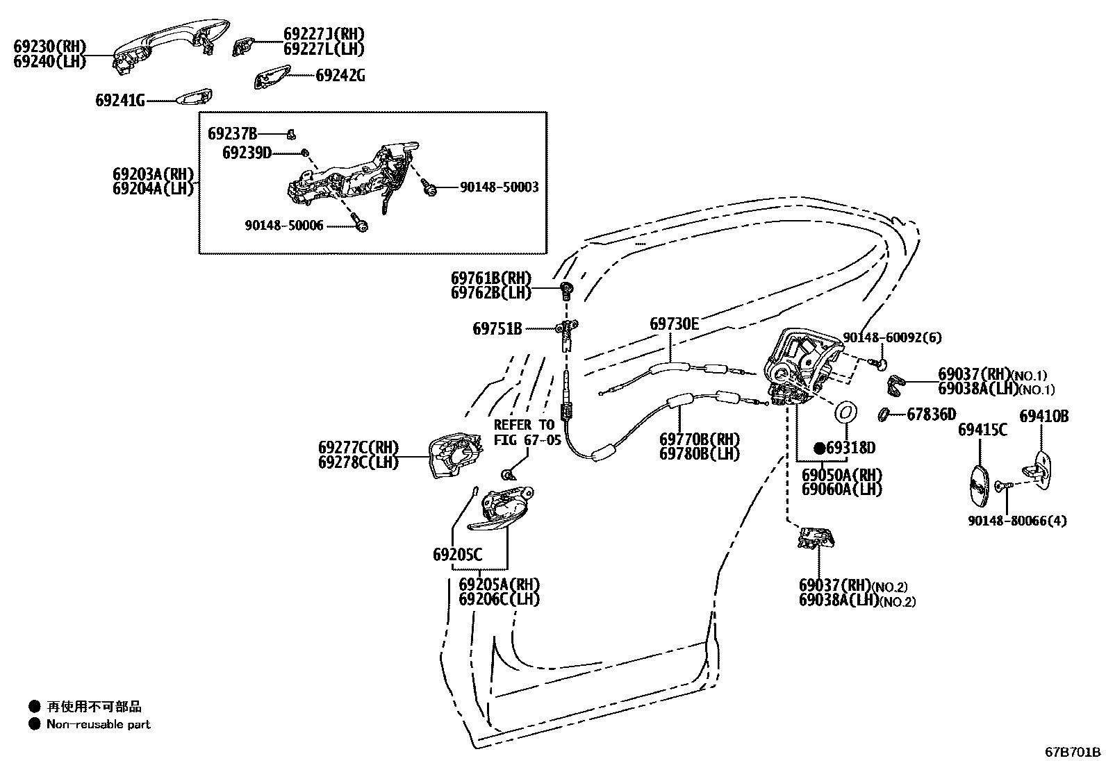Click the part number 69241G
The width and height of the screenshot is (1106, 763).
pyautogui.click(x=119, y=101)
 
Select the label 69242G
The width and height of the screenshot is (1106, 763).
pyautogui.click(x=340, y=75)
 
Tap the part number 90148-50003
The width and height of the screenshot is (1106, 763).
pyautogui.click(x=499, y=187)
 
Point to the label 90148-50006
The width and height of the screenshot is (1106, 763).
pyautogui.click(x=284, y=226)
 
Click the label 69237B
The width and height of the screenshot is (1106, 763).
pyautogui.click(x=232, y=133)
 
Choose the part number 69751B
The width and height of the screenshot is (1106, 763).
pyautogui.click(x=497, y=328)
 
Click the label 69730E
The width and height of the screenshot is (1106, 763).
pyautogui.click(x=675, y=324)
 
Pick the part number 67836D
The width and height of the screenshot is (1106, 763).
pyautogui.click(x=932, y=414)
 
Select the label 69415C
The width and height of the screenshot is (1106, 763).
pyautogui.click(x=982, y=430)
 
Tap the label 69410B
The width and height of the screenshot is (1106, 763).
pyautogui.click(x=1043, y=417)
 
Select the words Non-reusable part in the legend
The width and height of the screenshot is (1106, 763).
pyautogui.click(x=98, y=724)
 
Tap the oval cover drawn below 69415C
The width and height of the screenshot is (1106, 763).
pyautogui.click(x=978, y=485)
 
